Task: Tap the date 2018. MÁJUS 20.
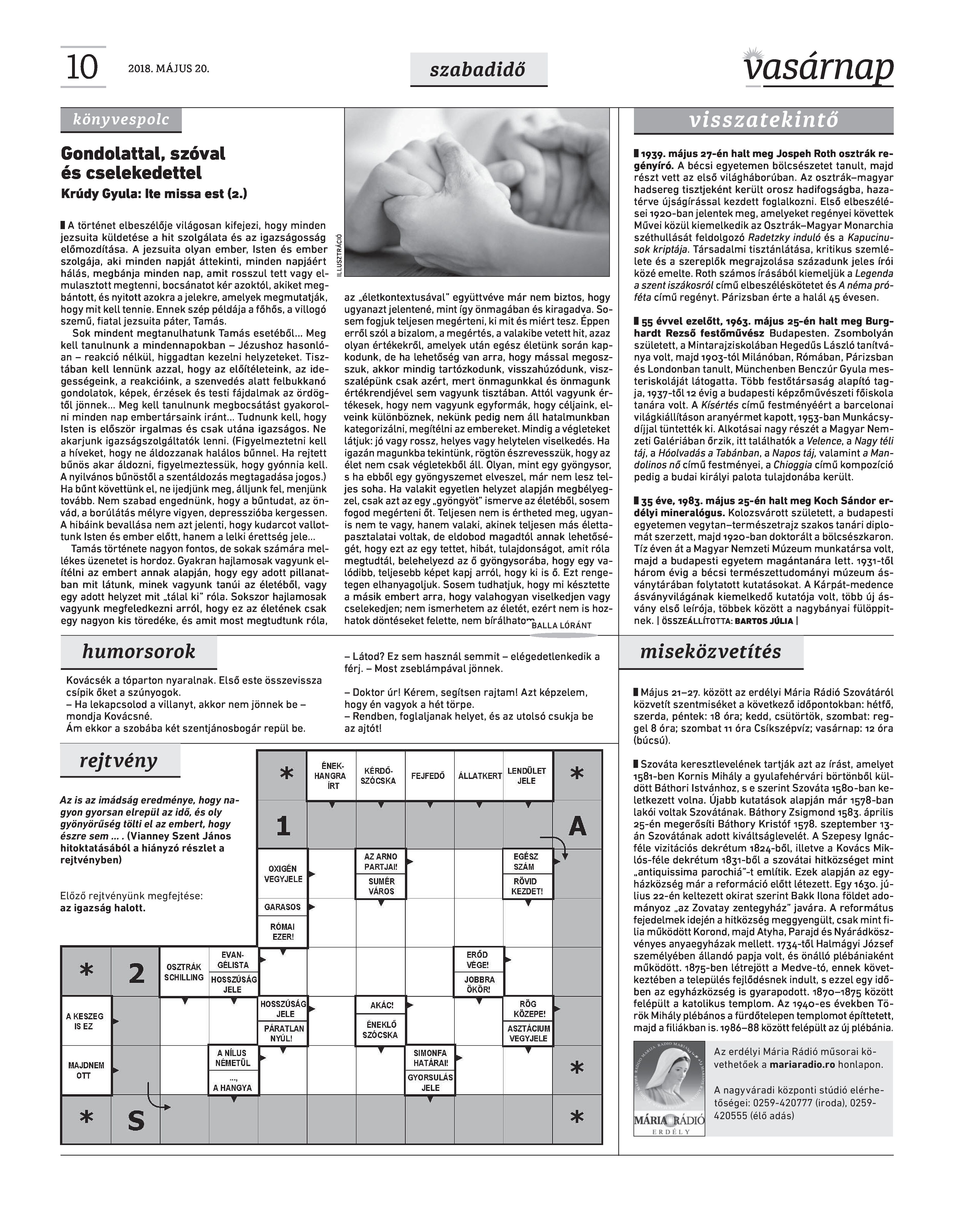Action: pyautogui.click(x=168, y=69)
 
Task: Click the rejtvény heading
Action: pyautogui.click(x=119, y=760)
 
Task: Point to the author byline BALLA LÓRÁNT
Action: pyautogui.click(x=561, y=626)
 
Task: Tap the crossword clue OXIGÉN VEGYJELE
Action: pyautogui.click(x=283, y=874)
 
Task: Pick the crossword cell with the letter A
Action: pyautogui.click(x=578, y=825)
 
